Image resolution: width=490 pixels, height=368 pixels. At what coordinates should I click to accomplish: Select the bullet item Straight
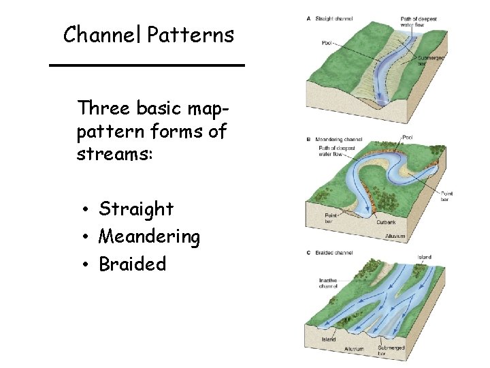click(x=136, y=209)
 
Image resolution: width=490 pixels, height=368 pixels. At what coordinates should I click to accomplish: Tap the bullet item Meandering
click(x=149, y=236)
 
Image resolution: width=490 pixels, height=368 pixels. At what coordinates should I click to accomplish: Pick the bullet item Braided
click(x=132, y=264)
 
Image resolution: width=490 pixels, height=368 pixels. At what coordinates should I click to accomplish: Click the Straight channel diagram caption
click(x=334, y=18)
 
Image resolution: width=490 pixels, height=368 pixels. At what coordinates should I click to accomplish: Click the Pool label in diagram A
click(x=327, y=43)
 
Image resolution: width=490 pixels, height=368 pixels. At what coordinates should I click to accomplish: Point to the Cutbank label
click(x=386, y=222)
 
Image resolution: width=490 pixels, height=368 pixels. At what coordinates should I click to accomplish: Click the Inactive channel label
click(x=328, y=283)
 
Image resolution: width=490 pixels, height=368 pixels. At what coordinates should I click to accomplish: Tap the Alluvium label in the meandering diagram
click(x=395, y=236)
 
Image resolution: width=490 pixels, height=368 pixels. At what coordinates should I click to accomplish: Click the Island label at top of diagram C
click(x=424, y=258)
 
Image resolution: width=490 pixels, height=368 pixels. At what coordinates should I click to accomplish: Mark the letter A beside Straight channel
click(x=310, y=18)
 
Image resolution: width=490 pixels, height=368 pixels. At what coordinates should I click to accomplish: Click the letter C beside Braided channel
click(x=310, y=253)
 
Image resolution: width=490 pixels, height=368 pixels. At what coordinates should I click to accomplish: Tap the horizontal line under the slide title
click(x=146, y=65)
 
